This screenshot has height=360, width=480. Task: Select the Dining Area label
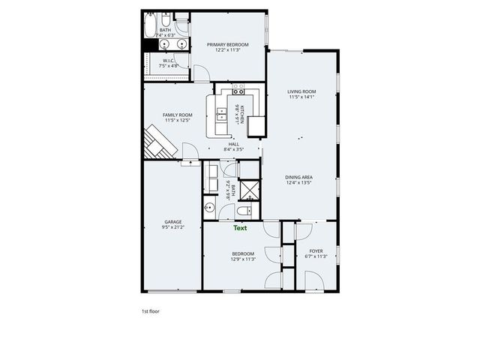click(x=298, y=177)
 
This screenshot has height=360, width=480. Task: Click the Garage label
click(x=172, y=221)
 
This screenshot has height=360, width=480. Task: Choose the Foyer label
click(x=316, y=252)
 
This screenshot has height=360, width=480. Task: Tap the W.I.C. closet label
click(x=169, y=61)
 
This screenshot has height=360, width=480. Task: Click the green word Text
click(x=240, y=227)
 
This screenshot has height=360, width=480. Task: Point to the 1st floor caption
click(x=150, y=310)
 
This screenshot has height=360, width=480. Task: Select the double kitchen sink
click(x=223, y=114)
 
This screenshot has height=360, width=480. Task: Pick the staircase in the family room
click(x=157, y=142)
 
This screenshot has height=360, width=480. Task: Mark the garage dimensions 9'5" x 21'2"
click(x=172, y=226)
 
